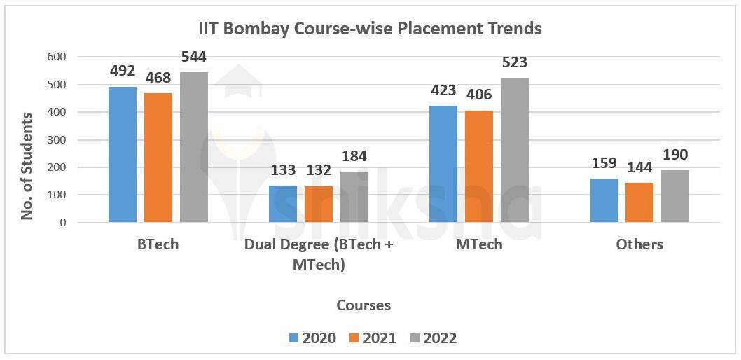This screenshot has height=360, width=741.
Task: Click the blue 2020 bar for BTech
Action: (x=123, y=155)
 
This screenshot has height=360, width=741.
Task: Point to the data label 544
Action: (x=193, y=57)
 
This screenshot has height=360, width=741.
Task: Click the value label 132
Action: (x=319, y=170)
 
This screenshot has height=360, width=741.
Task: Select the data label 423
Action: (x=443, y=90)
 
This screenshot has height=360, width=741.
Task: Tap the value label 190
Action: (x=675, y=155)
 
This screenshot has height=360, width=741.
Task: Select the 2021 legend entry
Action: (x=373, y=338)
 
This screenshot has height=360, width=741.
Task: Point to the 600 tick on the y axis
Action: (x=57, y=57)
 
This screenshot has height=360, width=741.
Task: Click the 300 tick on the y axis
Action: (x=57, y=140)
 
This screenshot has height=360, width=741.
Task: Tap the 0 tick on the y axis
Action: (x=63, y=223)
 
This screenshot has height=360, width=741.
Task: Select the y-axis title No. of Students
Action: (x=27, y=165)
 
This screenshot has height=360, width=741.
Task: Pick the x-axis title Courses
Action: (x=363, y=305)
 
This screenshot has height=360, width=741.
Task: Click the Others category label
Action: (x=639, y=244)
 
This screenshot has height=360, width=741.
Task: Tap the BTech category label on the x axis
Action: (x=158, y=244)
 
